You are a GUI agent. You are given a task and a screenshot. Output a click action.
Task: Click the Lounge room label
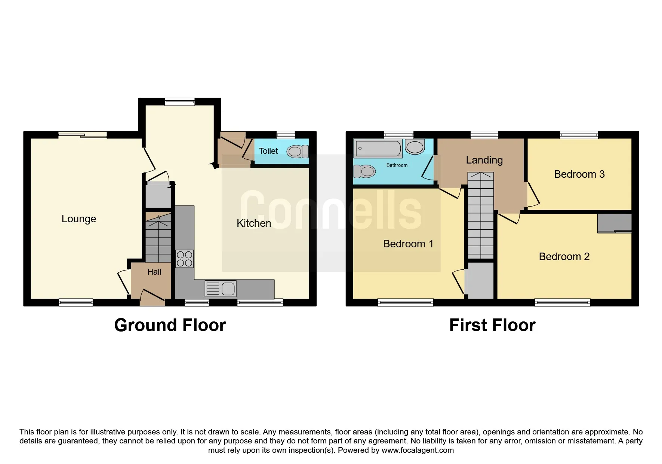(x=78, y=219)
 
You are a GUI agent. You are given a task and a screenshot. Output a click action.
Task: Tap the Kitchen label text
(x=254, y=223)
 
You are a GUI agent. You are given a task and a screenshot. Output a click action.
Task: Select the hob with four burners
(x=184, y=259)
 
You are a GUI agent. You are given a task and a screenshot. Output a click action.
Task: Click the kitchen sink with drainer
(x=221, y=289)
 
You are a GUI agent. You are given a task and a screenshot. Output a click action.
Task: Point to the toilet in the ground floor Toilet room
(x=297, y=152)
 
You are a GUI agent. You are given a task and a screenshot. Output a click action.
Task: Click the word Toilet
(x=268, y=151)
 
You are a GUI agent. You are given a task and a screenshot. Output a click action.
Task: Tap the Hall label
(x=154, y=272)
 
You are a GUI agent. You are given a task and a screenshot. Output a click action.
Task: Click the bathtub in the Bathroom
(x=378, y=149)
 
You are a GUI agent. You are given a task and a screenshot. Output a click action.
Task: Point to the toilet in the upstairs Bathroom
(x=364, y=171)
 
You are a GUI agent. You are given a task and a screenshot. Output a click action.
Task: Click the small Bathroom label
(x=397, y=165)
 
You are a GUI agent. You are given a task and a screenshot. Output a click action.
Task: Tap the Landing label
(x=484, y=160)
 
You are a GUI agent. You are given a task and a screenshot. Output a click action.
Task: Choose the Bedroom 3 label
(x=579, y=174)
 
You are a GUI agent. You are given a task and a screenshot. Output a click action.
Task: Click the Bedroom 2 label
(x=564, y=257)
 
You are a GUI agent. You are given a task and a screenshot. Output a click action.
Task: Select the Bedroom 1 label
(x=408, y=244)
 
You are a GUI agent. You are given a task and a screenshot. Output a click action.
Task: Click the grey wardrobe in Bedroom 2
(x=614, y=223)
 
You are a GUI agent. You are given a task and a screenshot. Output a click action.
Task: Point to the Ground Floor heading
(x=170, y=325)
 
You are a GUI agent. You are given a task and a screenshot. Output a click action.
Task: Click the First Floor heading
(x=492, y=325)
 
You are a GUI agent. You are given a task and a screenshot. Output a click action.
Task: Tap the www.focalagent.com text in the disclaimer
(x=418, y=450)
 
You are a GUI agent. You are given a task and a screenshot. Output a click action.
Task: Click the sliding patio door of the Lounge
(x=83, y=135)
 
